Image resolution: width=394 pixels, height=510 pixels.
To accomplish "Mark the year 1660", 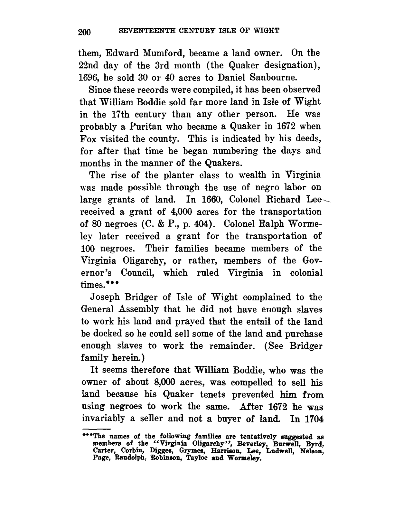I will click(203, 200).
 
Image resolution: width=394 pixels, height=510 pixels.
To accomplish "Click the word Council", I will click(138, 273).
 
